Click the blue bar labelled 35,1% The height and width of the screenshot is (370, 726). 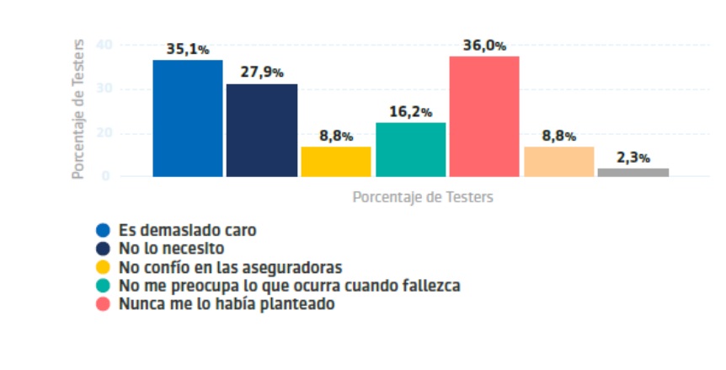pyautogui.click(x=188, y=118)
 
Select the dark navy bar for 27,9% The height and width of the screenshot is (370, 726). pyautogui.click(x=261, y=130)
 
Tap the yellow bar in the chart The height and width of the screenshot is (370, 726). pyautogui.click(x=336, y=161)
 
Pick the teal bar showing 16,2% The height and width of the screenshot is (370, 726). pyautogui.click(x=410, y=149)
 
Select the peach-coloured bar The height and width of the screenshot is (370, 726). pyautogui.click(x=558, y=161)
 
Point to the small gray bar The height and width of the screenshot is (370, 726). pyautogui.click(x=633, y=172)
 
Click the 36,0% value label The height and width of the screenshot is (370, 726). pyautogui.click(x=483, y=46)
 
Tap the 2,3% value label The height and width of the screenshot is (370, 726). pyautogui.click(x=633, y=158)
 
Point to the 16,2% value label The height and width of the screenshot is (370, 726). pyautogui.click(x=410, y=111)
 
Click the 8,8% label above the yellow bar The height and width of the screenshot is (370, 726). pyautogui.click(x=336, y=136)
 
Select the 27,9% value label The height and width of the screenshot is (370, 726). pyautogui.click(x=261, y=72)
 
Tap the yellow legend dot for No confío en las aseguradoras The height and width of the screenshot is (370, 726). pyautogui.click(x=103, y=267)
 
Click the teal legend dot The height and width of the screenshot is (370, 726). pyautogui.click(x=103, y=286)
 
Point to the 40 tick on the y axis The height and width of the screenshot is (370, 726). pyautogui.click(x=105, y=45)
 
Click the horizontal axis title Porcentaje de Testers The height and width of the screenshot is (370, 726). pyautogui.click(x=422, y=196)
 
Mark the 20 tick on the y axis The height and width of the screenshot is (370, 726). pyautogui.click(x=105, y=133)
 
